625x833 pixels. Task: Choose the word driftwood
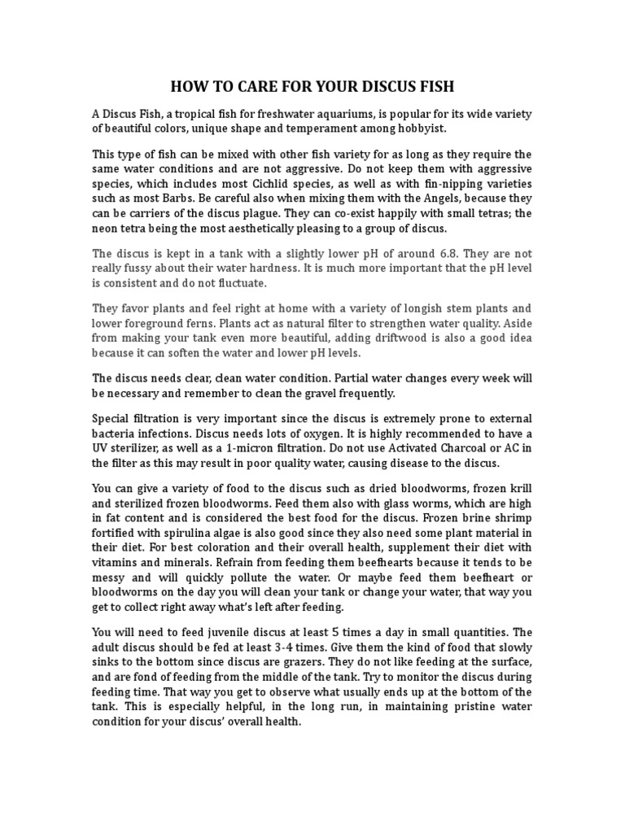390,338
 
